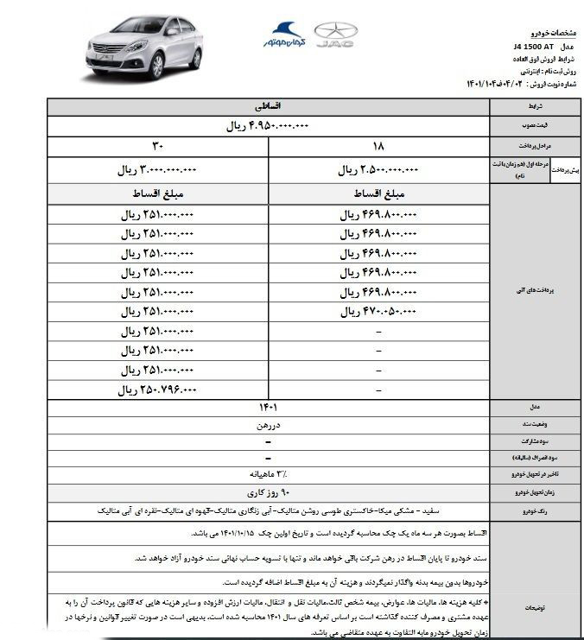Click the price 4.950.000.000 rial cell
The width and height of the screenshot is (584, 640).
[x=268, y=126]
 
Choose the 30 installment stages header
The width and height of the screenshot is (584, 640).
[x=158, y=146]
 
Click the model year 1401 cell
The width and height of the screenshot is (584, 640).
[x=268, y=407]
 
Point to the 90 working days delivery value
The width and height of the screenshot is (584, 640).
[x=268, y=491]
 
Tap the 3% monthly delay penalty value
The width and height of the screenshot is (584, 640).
[x=268, y=474]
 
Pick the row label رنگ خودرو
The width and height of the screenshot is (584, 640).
[x=540, y=511]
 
